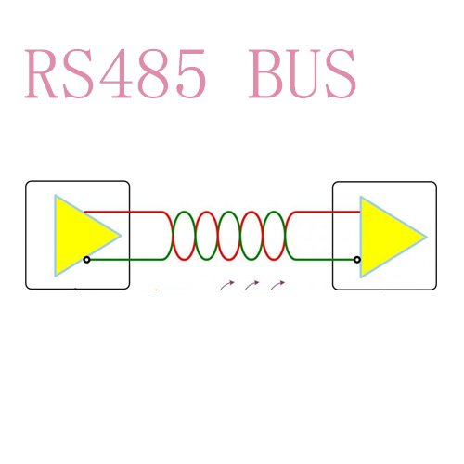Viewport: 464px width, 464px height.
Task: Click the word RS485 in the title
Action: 115,73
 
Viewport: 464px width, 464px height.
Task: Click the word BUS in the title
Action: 303,73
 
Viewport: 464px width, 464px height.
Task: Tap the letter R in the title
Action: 43,73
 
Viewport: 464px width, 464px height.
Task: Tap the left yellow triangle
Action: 81,236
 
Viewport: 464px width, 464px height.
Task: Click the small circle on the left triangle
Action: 87,260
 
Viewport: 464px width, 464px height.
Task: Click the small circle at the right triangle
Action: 357,260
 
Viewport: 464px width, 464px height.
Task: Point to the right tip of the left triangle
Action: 121,236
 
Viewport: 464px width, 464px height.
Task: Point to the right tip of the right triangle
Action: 427,237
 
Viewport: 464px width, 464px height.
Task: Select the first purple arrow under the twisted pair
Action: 226,285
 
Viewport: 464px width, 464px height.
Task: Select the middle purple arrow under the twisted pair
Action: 251,285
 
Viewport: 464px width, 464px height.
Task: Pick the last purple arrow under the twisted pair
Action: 277,285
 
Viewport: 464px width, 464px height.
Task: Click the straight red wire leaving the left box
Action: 122,212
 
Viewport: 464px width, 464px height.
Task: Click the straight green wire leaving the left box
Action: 126,260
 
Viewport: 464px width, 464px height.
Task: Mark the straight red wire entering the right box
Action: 327,212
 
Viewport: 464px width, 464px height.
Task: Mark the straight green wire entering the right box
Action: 324,260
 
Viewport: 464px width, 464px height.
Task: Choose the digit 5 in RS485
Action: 190,74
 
